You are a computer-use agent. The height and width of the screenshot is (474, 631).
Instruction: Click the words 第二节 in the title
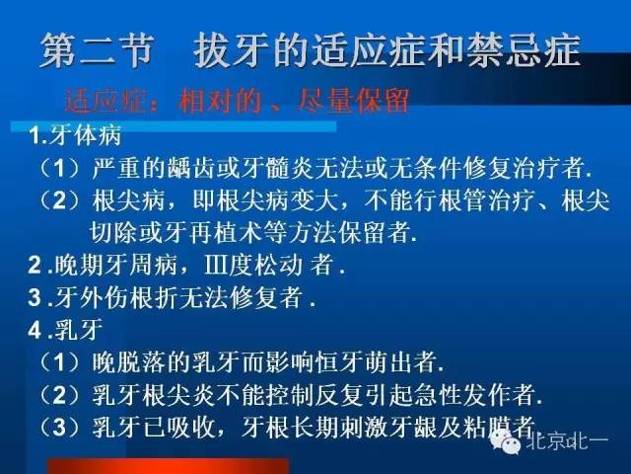[97, 50]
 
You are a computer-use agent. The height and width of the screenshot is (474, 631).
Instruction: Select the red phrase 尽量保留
[354, 101]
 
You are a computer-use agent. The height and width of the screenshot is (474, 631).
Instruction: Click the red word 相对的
[221, 101]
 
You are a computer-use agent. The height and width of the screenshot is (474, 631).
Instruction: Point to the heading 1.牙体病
[75, 135]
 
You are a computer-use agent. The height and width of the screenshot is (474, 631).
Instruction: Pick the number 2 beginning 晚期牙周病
[35, 266]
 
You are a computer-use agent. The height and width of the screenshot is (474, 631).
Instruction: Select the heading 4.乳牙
[66, 330]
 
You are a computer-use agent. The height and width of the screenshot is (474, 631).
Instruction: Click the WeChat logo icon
[505, 441]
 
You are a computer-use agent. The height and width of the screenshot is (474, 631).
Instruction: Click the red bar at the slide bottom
[169, 466]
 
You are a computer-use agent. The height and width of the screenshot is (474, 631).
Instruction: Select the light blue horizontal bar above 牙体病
[174, 126]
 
